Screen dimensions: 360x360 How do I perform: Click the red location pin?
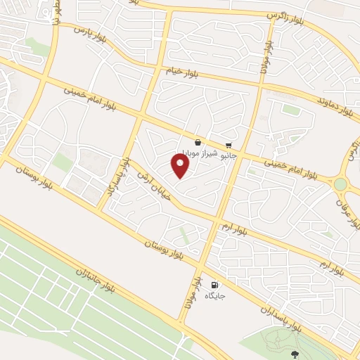click(x=181, y=165)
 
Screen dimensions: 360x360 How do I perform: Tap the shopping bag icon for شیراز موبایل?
click(x=198, y=142)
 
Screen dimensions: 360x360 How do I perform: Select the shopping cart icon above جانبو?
click(x=229, y=145)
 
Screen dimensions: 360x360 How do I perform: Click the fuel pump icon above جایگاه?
click(x=214, y=285)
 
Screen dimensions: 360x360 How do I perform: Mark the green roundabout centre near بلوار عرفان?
click(x=341, y=184)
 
